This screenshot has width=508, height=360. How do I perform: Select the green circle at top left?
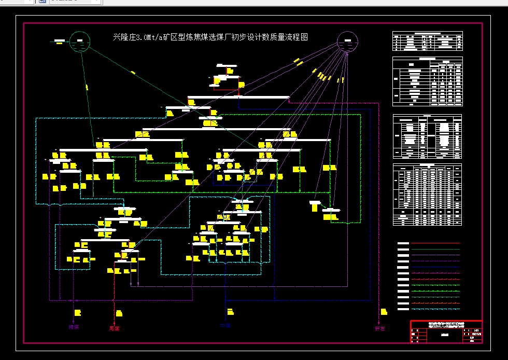(x=80, y=41)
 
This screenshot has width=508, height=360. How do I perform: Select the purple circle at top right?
(x=347, y=42)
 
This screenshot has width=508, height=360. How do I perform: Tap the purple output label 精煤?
(x=73, y=327)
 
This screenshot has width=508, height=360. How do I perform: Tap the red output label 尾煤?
(x=114, y=328)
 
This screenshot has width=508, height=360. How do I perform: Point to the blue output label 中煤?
(x=225, y=327)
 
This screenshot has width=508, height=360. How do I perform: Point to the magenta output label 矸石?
(x=380, y=328)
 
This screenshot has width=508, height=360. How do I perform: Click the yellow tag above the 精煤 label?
(x=78, y=313)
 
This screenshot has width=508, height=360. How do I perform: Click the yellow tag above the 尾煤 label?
(x=119, y=313)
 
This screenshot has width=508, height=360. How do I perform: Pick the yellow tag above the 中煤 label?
(x=231, y=312)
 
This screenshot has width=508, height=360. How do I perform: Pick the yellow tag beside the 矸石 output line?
(x=384, y=312)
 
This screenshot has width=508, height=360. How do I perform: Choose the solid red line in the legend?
(x=435, y=243)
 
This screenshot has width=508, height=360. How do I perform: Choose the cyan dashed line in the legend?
(x=435, y=309)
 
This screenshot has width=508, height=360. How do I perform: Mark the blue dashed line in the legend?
(x=435, y=267)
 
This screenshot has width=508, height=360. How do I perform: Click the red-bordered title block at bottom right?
(x=446, y=332)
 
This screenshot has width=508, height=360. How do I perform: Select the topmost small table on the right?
(x=427, y=41)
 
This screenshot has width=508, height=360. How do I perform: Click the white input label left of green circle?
(x=60, y=40)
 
